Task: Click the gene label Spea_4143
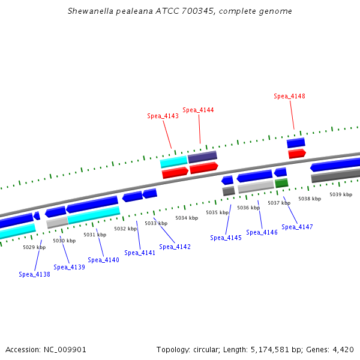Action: [163, 116]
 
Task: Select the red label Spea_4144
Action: [198, 110]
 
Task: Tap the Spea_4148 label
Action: [289, 96]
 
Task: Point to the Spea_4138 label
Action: [34, 274]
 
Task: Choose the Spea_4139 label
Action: [69, 267]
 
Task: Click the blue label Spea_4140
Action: [103, 260]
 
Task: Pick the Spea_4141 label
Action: [140, 253]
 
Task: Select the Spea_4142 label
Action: [175, 247]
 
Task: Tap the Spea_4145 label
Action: [226, 238]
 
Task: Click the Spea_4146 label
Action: [262, 232]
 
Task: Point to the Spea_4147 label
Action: [297, 227]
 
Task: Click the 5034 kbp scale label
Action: [186, 218]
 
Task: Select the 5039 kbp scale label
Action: [340, 194]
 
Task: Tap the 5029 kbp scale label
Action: [34, 247]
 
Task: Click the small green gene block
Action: [281, 183]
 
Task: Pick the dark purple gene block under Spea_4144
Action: [202, 157]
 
